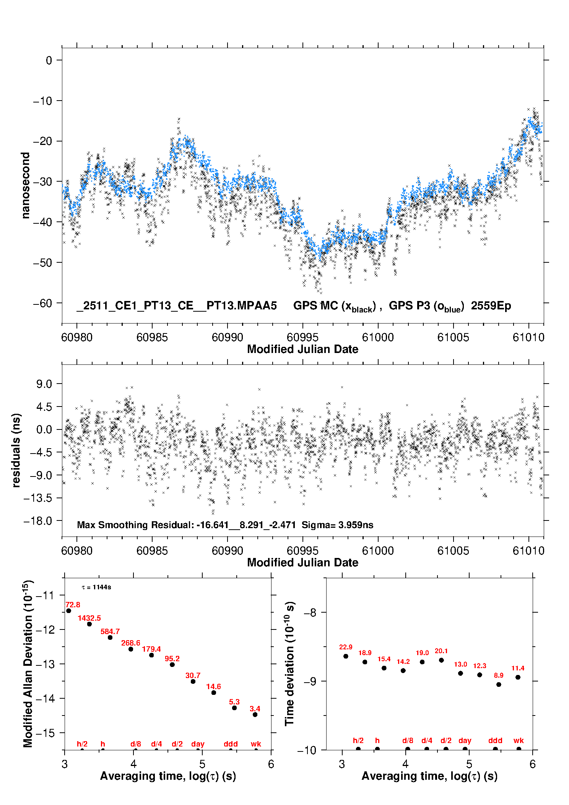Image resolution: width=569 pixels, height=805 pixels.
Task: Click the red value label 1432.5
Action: [x=89, y=618]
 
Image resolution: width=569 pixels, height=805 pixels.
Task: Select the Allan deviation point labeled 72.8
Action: [x=69, y=611]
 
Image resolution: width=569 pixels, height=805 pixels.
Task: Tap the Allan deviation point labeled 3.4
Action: [x=255, y=714]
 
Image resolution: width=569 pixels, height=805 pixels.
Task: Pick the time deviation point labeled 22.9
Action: [x=346, y=656]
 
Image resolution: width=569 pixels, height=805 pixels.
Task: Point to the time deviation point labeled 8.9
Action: [x=499, y=685]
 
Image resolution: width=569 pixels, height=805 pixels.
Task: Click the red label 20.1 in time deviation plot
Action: [x=441, y=651]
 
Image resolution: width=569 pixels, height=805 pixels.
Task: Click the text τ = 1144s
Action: [x=96, y=587]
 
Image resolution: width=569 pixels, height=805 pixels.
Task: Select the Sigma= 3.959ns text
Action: [x=337, y=525]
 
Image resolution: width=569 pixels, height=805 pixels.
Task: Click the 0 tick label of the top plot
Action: [x=49, y=60]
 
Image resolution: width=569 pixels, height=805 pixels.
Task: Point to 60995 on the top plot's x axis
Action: [x=302, y=337]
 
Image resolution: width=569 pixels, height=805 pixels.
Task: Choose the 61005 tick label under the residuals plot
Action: [x=453, y=551]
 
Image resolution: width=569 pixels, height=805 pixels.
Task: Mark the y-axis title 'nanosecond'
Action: [x=26, y=185]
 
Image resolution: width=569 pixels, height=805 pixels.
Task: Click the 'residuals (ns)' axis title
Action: [x=16, y=450]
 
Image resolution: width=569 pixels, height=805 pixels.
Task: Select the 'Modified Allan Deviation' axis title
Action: [x=28, y=664]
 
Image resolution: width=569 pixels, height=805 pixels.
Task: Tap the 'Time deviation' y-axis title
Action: [x=289, y=664]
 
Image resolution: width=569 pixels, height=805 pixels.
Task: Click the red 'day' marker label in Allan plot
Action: [x=198, y=744]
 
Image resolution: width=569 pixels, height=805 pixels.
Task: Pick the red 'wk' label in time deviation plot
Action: [x=519, y=740]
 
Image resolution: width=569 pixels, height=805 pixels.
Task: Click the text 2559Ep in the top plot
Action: [x=491, y=306]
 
